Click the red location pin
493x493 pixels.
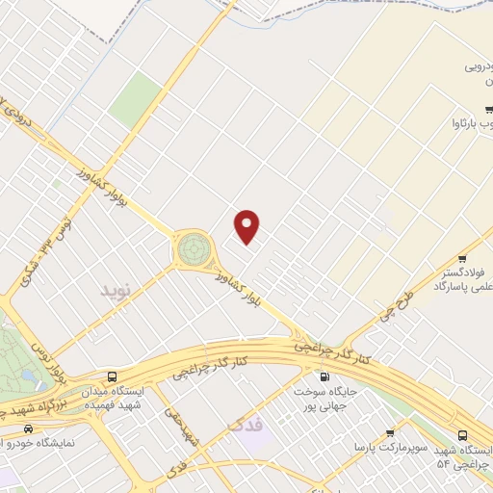tap(247, 225)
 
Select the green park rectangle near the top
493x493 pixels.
tap(135, 98)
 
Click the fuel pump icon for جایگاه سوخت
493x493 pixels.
tap(324, 376)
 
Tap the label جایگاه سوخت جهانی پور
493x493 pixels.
tap(324, 398)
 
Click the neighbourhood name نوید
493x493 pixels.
tap(115, 288)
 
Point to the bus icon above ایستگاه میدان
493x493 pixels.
tap(113, 376)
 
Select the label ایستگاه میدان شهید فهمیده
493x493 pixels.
tap(110, 399)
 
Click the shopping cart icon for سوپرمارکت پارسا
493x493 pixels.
tap(389, 433)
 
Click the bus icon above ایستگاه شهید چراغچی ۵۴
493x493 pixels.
tap(463, 435)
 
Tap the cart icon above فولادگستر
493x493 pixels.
tap(462, 257)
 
